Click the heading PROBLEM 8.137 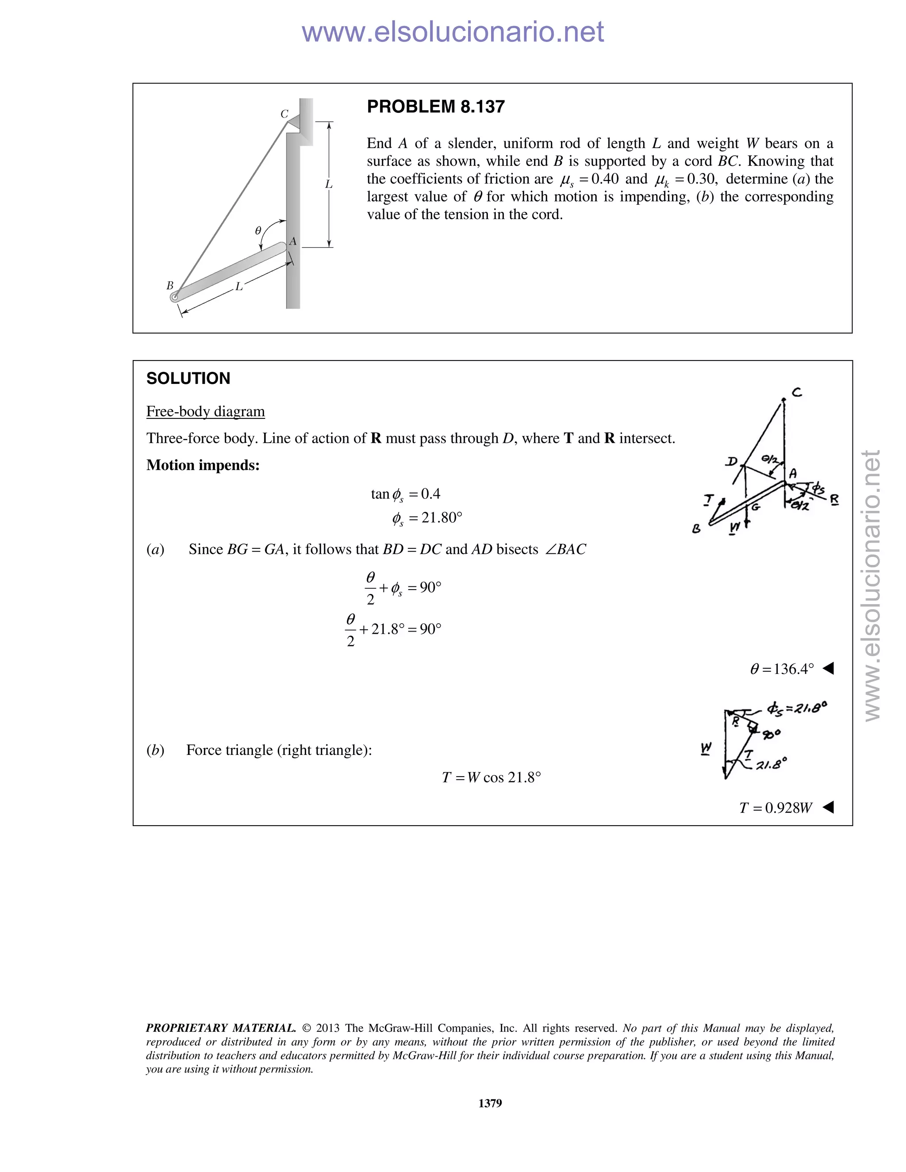[435, 107]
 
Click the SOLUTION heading [188, 378]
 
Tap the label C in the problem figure [284, 114]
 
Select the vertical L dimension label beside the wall [329, 184]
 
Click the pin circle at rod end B [174, 297]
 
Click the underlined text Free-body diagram [206, 412]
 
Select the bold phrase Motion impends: [203, 465]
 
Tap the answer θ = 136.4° [782, 669]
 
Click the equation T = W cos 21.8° [491, 778]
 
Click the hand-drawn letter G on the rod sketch [755, 506]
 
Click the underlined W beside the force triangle [706, 747]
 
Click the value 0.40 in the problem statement [604, 179]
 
